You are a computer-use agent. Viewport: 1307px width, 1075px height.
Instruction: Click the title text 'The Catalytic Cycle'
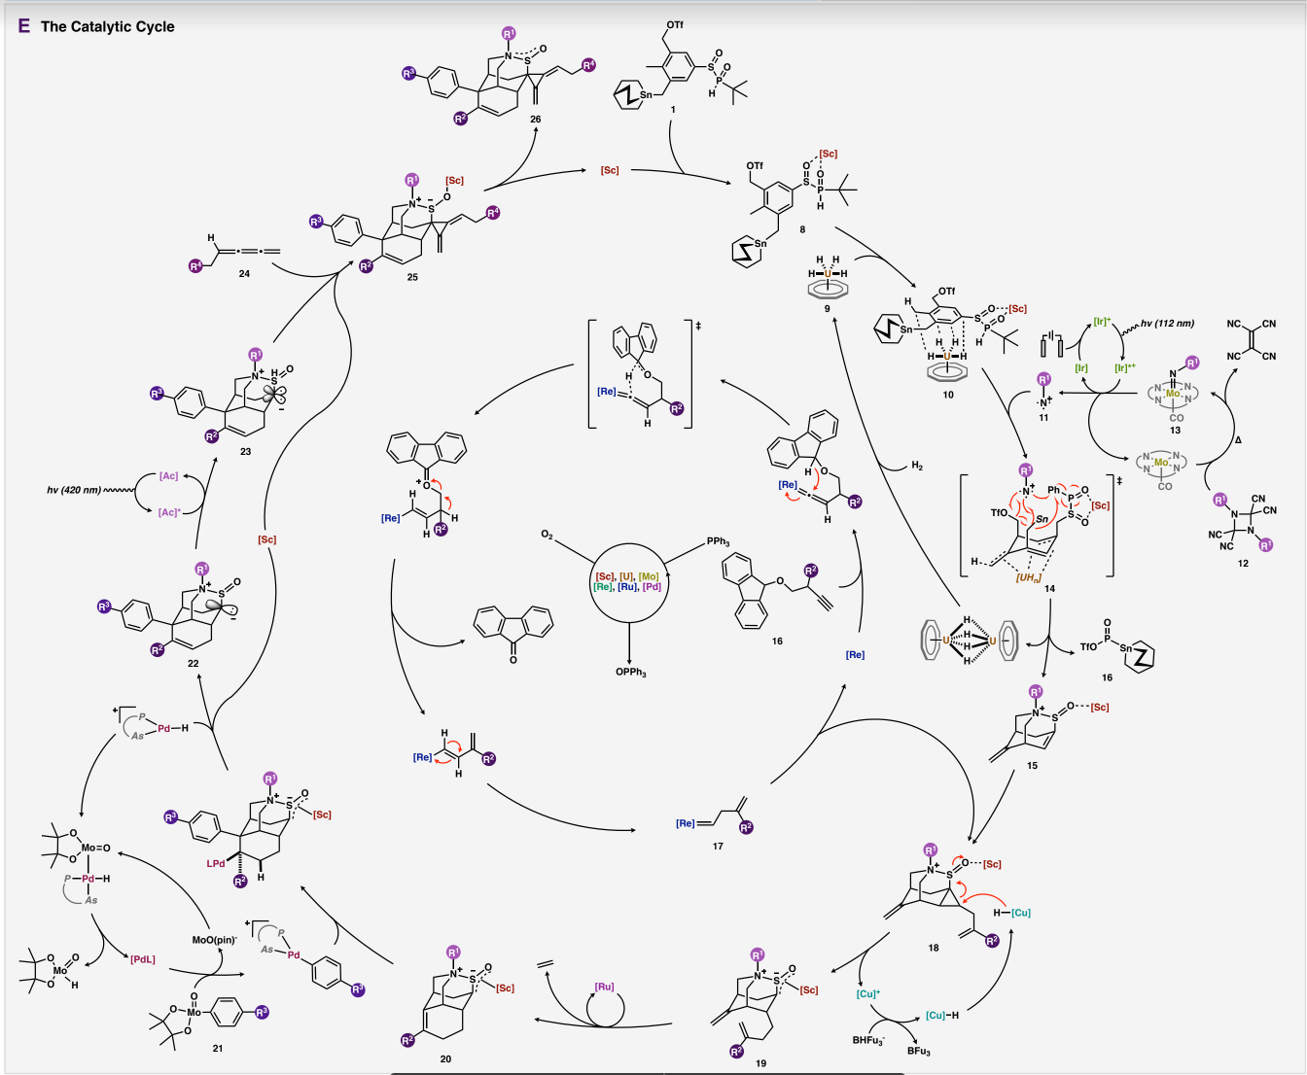click(107, 26)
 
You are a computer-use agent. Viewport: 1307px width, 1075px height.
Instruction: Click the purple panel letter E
click(24, 26)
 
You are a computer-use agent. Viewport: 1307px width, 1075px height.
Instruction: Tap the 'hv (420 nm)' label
click(74, 490)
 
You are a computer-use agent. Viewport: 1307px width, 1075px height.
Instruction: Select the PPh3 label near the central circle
click(718, 541)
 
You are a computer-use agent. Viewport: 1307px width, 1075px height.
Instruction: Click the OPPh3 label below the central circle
click(630, 673)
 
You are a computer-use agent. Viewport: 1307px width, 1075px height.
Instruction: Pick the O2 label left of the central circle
click(547, 536)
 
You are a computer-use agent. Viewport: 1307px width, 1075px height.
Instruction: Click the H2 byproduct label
click(916, 467)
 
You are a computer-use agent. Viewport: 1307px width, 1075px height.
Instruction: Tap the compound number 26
click(535, 119)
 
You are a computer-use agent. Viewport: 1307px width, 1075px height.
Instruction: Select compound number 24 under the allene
click(244, 274)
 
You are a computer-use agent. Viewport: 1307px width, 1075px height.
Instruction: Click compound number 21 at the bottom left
click(217, 1048)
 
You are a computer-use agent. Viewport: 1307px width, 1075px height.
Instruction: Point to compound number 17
click(718, 846)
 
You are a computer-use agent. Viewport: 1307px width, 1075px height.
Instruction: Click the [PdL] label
click(142, 960)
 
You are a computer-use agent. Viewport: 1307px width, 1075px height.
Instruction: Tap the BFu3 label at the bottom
click(918, 1051)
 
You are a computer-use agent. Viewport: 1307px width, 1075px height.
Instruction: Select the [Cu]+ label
click(867, 993)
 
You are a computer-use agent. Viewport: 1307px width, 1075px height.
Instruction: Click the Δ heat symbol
click(1238, 440)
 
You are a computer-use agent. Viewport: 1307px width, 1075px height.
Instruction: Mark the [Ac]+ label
click(170, 511)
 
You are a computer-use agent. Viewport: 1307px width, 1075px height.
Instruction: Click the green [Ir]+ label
click(1102, 321)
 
